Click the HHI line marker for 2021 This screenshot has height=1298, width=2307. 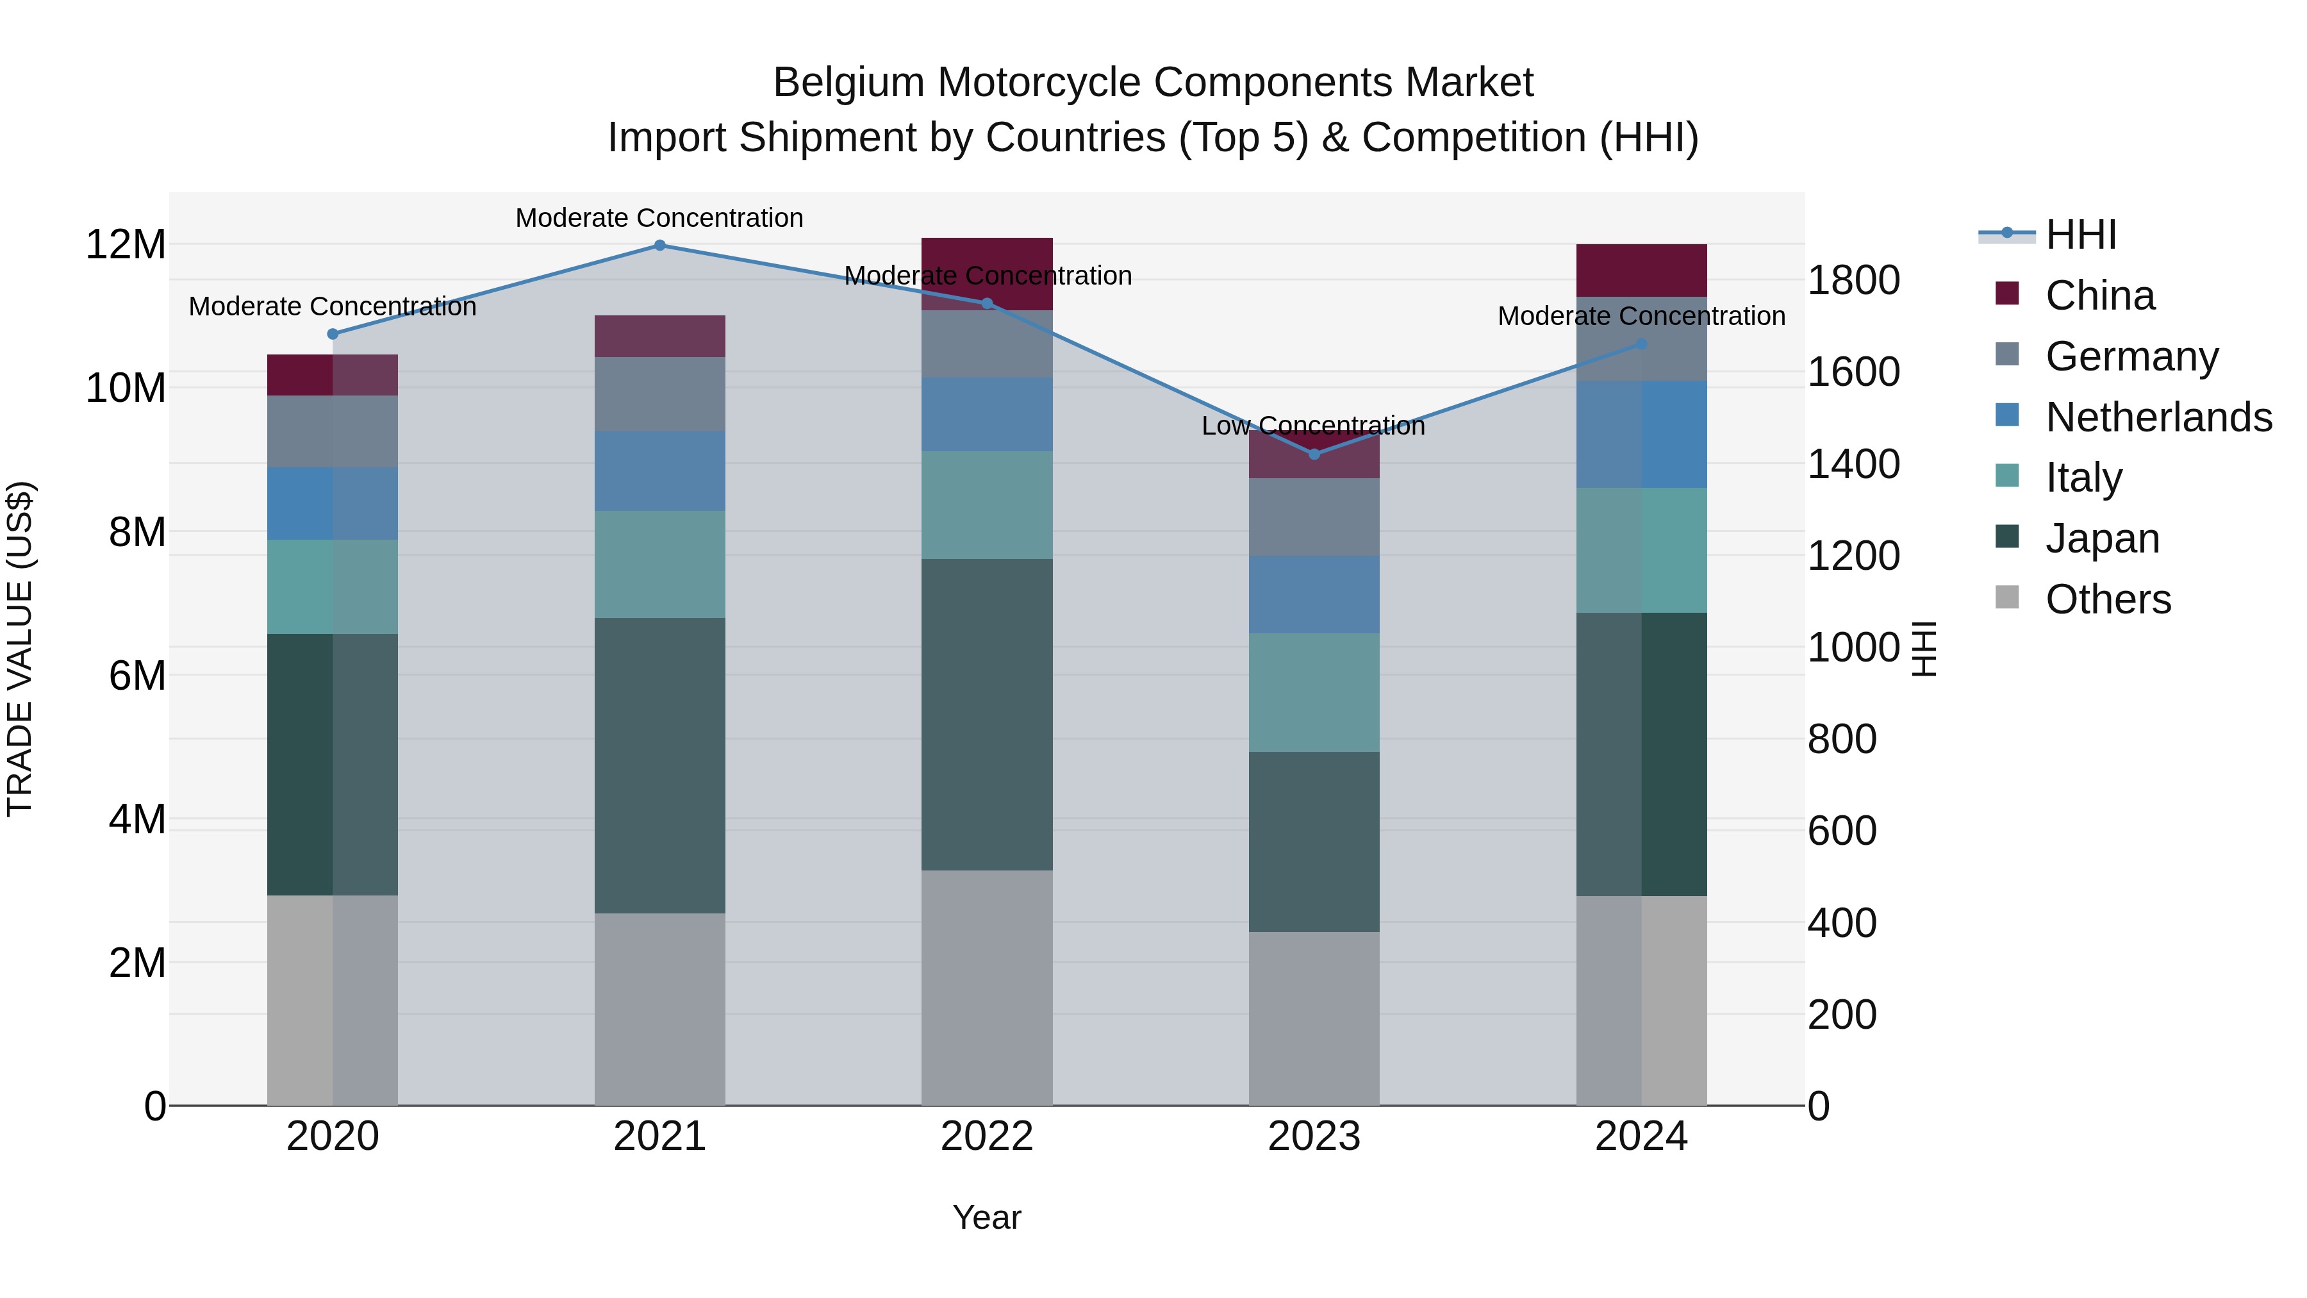pyautogui.click(x=659, y=245)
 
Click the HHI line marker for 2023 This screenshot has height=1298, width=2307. pyautogui.click(x=1314, y=454)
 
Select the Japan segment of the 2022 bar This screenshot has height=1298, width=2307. pyautogui.click(x=987, y=714)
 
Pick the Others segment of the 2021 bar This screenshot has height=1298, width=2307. pyautogui.click(x=659, y=1009)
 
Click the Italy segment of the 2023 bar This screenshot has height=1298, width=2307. pyautogui.click(x=1314, y=692)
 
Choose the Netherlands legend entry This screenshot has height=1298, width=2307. pyautogui.click(x=2158, y=417)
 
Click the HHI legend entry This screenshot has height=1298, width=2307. pyautogui.click(x=2080, y=235)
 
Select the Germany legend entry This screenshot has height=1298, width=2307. pyautogui.click(x=2131, y=356)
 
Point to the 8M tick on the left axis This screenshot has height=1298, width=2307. pyautogui.click(x=137, y=532)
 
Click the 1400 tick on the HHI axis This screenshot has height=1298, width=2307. pyautogui.click(x=1853, y=464)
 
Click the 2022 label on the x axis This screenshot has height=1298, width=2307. pyautogui.click(x=987, y=1136)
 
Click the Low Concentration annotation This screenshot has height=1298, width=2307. pyautogui.click(x=1313, y=426)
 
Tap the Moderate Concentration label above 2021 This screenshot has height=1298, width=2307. pyautogui.click(x=659, y=218)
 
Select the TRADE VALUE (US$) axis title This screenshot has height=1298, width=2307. pyautogui.click(x=20, y=649)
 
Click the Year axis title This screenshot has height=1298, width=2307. pyautogui.click(x=987, y=1217)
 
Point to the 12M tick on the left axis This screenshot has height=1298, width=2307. pyautogui.click(x=126, y=245)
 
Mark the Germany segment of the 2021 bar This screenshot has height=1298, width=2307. pyautogui.click(x=659, y=394)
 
